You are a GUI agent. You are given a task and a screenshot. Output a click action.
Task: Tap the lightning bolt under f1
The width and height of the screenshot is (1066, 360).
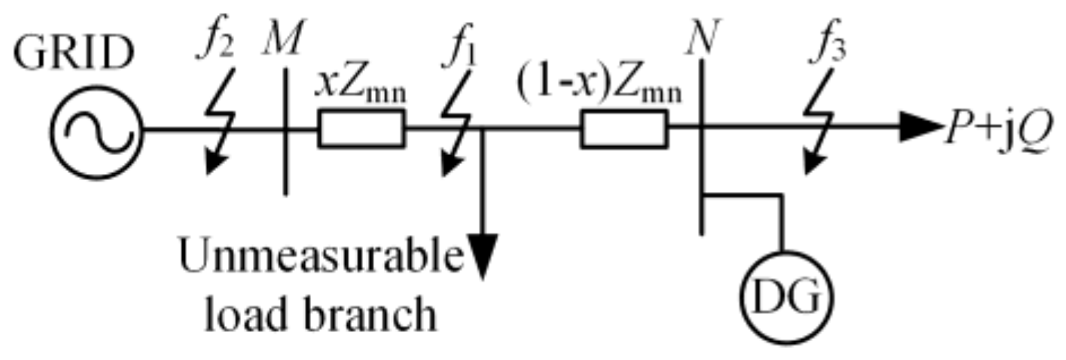[x=458, y=127]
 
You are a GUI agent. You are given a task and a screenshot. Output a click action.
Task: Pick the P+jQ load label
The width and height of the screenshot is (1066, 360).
[x=994, y=129]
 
